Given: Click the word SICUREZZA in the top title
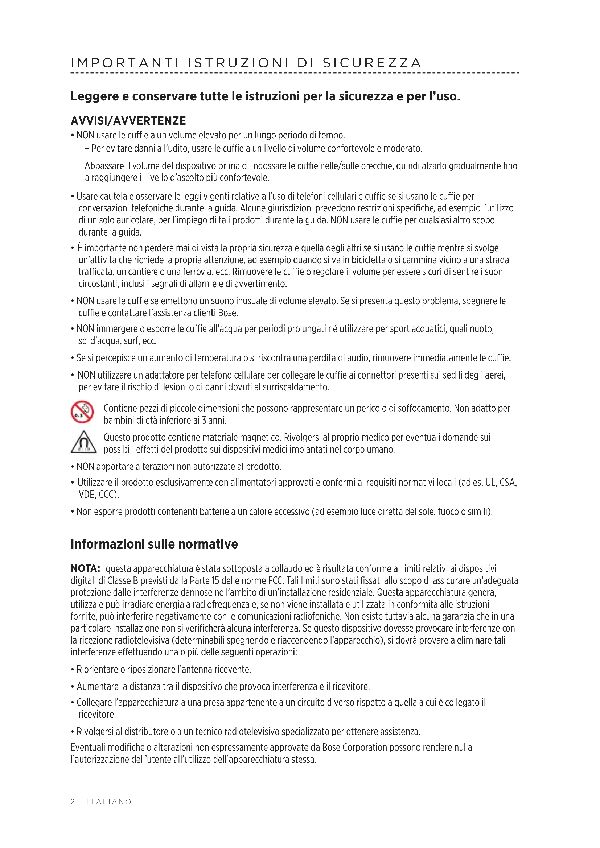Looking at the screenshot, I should pyautogui.click(x=372, y=63).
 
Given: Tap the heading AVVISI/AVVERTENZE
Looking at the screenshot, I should pyautogui.click(x=128, y=121).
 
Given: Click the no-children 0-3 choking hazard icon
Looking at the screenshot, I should pyautogui.click(x=82, y=412).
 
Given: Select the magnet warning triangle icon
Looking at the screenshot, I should pyautogui.click(x=83, y=442).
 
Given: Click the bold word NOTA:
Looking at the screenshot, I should pyautogui.click(x=85, y=568).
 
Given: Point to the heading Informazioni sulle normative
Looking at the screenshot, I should pyautogui.click(x=154, y=544).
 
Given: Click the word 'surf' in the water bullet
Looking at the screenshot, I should pyautogui.click(x=131, y=341).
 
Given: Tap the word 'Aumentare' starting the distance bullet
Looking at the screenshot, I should pyautogui.click(x=97, y=687).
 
